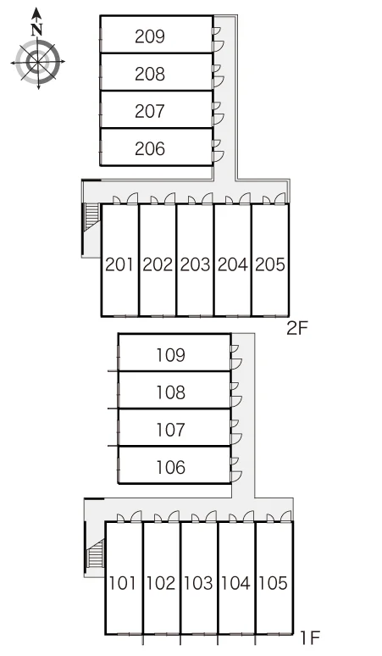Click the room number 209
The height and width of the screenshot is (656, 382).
[150, 36]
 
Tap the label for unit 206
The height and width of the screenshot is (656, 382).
[150, 148]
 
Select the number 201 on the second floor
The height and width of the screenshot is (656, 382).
[119, 264]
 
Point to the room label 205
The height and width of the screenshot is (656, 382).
[270, 264]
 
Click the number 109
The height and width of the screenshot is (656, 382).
[170, 355]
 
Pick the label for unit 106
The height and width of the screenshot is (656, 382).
[170, 467]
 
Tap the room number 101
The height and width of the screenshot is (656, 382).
[123, 583]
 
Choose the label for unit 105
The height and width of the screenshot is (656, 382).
[274, 583]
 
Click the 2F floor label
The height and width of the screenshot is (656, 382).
[297, 328]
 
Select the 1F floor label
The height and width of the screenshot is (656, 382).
[310, 638]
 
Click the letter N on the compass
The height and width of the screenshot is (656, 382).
[37, 31]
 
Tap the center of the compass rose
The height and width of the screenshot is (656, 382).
[37, 62]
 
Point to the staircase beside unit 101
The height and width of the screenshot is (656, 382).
[96, 553]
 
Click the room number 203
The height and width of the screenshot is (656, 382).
[195, 264]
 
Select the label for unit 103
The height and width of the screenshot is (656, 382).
[198, 583]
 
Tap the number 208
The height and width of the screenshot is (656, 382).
[150, 74]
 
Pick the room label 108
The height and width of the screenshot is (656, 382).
[170, 392]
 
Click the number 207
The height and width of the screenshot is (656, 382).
[150, 111]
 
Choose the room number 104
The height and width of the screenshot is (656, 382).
[235, 583]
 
